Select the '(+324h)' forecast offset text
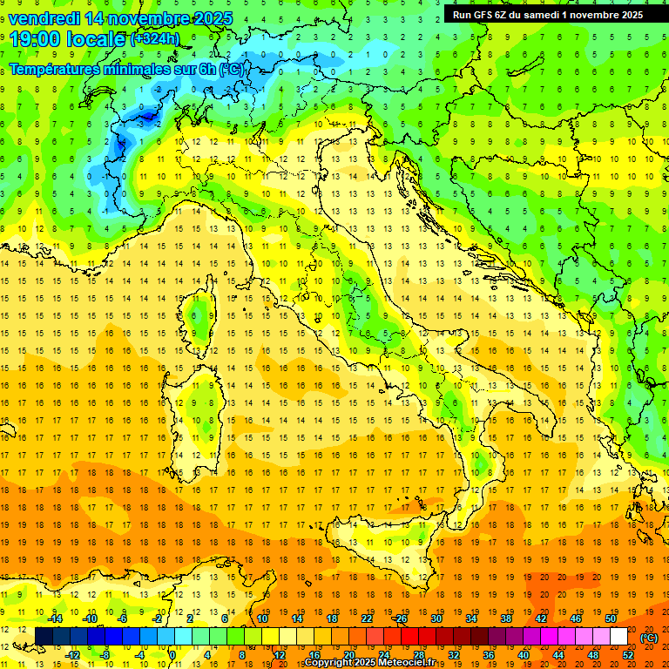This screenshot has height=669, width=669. point(155,38)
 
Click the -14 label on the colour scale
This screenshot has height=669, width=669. point(57,618)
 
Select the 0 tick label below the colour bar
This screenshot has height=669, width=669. point(172,655)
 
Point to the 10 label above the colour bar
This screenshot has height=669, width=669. point(262,618)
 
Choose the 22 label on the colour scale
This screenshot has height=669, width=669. point(366,618)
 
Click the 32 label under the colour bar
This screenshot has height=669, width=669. point(452,655)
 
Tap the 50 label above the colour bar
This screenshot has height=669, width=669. point(609,618)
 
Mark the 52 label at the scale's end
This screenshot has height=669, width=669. point(628,655)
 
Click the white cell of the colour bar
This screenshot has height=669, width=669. point(618,637)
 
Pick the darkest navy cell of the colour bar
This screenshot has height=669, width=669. point(44,637)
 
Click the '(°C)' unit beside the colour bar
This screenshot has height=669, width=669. point(649,638)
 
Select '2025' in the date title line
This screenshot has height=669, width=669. point(208,18)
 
